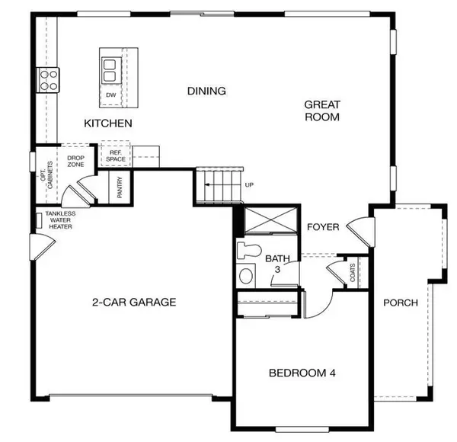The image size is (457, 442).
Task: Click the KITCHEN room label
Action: [108, 123]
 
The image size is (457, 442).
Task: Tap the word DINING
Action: [206, 91]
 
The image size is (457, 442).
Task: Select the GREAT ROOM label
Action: [322, 110]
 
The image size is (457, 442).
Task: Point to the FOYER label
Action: [323, 227]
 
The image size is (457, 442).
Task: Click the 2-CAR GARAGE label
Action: [134, 302]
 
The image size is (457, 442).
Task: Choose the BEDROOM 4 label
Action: [302, 373]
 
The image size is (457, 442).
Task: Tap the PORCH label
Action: [401, 303]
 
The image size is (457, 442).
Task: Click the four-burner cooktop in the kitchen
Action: [48, 80]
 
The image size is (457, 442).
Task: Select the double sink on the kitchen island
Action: [111, 70]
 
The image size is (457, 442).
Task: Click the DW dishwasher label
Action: [111, 95]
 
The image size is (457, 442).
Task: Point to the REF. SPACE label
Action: [116, 156]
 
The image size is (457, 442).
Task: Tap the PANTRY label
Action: [120, 187]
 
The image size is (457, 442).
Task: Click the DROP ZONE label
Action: [75, 162]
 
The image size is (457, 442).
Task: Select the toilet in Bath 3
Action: [248, 251]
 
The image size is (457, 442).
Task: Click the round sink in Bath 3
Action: [246, 276]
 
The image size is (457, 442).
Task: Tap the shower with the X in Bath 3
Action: [270, 219]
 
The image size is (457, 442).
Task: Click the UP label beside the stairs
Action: [249, 185]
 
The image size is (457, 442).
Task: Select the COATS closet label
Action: [353, 273]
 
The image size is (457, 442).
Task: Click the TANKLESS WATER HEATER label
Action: [60, 220]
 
